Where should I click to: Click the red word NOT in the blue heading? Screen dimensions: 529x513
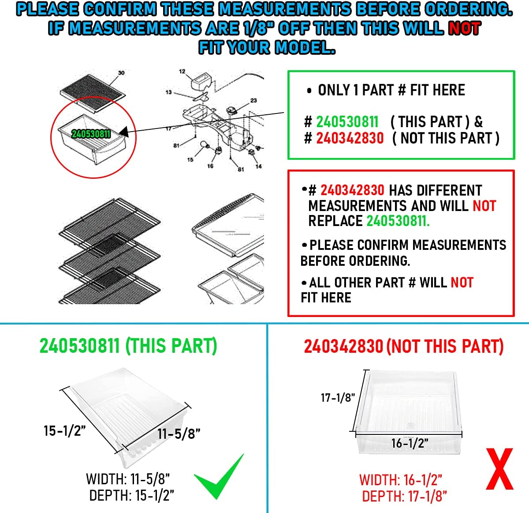[x=464, y=29]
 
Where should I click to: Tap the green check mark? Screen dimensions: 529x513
[x=219, y=476]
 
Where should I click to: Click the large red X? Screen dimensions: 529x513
[x=499, y=469]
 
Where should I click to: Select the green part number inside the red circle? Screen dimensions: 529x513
[x=91, y=134]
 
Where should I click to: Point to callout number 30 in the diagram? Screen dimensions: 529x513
[x=121, y=73]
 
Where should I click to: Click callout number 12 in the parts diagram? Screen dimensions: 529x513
[x=182, y=72]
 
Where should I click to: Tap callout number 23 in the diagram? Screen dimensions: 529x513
[x=253, y=101]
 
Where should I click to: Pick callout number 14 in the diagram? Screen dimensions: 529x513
[x=258, y=166]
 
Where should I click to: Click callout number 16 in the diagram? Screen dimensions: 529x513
[x=210, y=166]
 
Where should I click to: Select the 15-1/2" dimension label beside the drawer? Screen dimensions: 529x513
[x=65, y=431]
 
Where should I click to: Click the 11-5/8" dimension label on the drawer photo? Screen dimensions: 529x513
[x=179, y=434]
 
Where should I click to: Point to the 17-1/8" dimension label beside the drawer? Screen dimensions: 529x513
[x=338, y=398]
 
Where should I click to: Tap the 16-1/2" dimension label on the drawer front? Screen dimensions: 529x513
[x=410, y=443]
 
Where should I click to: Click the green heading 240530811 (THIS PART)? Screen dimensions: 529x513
[x=128, y=346]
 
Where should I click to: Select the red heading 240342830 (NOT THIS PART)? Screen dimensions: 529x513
[x=404, y=347]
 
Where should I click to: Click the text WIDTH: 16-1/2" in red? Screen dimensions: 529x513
[x=401, y=480]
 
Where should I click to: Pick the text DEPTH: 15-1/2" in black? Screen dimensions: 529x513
[x=131, y=495]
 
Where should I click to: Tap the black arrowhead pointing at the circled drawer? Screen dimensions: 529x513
[x=124, y=132]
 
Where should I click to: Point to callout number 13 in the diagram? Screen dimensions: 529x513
[x=168, y=92]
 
